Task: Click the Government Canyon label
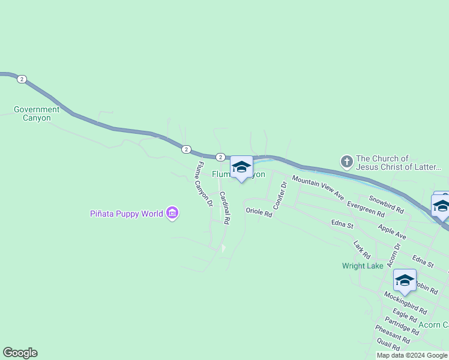point(37,113)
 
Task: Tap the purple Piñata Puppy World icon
point(173,213)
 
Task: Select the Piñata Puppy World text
point(126,214)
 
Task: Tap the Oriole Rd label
point(259,211)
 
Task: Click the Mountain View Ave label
point(318,188)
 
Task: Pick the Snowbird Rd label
point(386,204)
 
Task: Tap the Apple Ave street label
point(392,232)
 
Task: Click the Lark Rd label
point(361,250)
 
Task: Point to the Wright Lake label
point(363,266)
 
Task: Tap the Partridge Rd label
point(402,326)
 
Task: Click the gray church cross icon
point(346,161)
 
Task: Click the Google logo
point(20,353)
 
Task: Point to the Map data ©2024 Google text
point(412,355)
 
